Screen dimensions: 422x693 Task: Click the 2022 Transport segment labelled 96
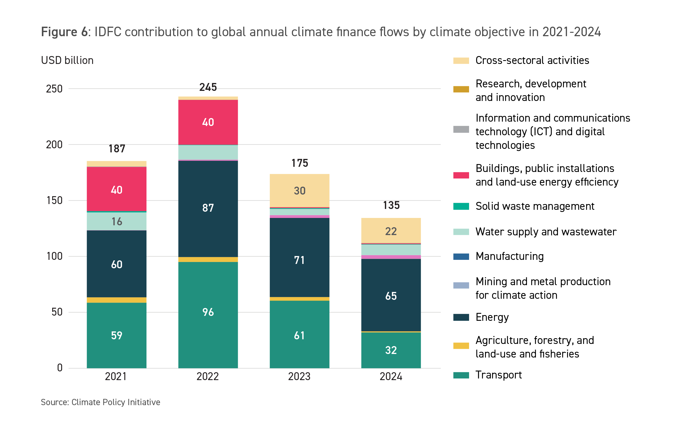(208, 315)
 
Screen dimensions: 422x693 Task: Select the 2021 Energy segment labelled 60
(116, 264)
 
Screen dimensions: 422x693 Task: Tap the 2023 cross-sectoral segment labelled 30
(299, 190)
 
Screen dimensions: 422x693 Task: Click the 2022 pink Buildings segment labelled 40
(208, 122)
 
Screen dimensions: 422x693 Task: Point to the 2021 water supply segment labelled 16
(116, 221)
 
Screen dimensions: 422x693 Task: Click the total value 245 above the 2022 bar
(208, 87)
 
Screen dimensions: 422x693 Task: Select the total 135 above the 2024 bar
(391, 205)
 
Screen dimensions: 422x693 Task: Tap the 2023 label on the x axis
(299, 376)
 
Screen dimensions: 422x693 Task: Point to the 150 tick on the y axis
(54, 201)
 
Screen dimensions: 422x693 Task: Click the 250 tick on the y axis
(54, 89)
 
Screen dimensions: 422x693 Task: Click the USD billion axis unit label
(67, 60)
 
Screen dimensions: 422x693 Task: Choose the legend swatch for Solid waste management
(461, 206)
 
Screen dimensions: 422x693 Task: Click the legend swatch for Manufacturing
(461, 257)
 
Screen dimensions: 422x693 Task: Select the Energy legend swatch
(461, 317)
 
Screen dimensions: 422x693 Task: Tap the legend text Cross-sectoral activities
(532, 60)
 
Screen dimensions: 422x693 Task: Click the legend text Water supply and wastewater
(546, 232)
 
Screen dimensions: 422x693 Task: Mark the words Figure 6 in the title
(64, 32)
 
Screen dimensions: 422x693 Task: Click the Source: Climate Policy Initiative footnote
(100, 402)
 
